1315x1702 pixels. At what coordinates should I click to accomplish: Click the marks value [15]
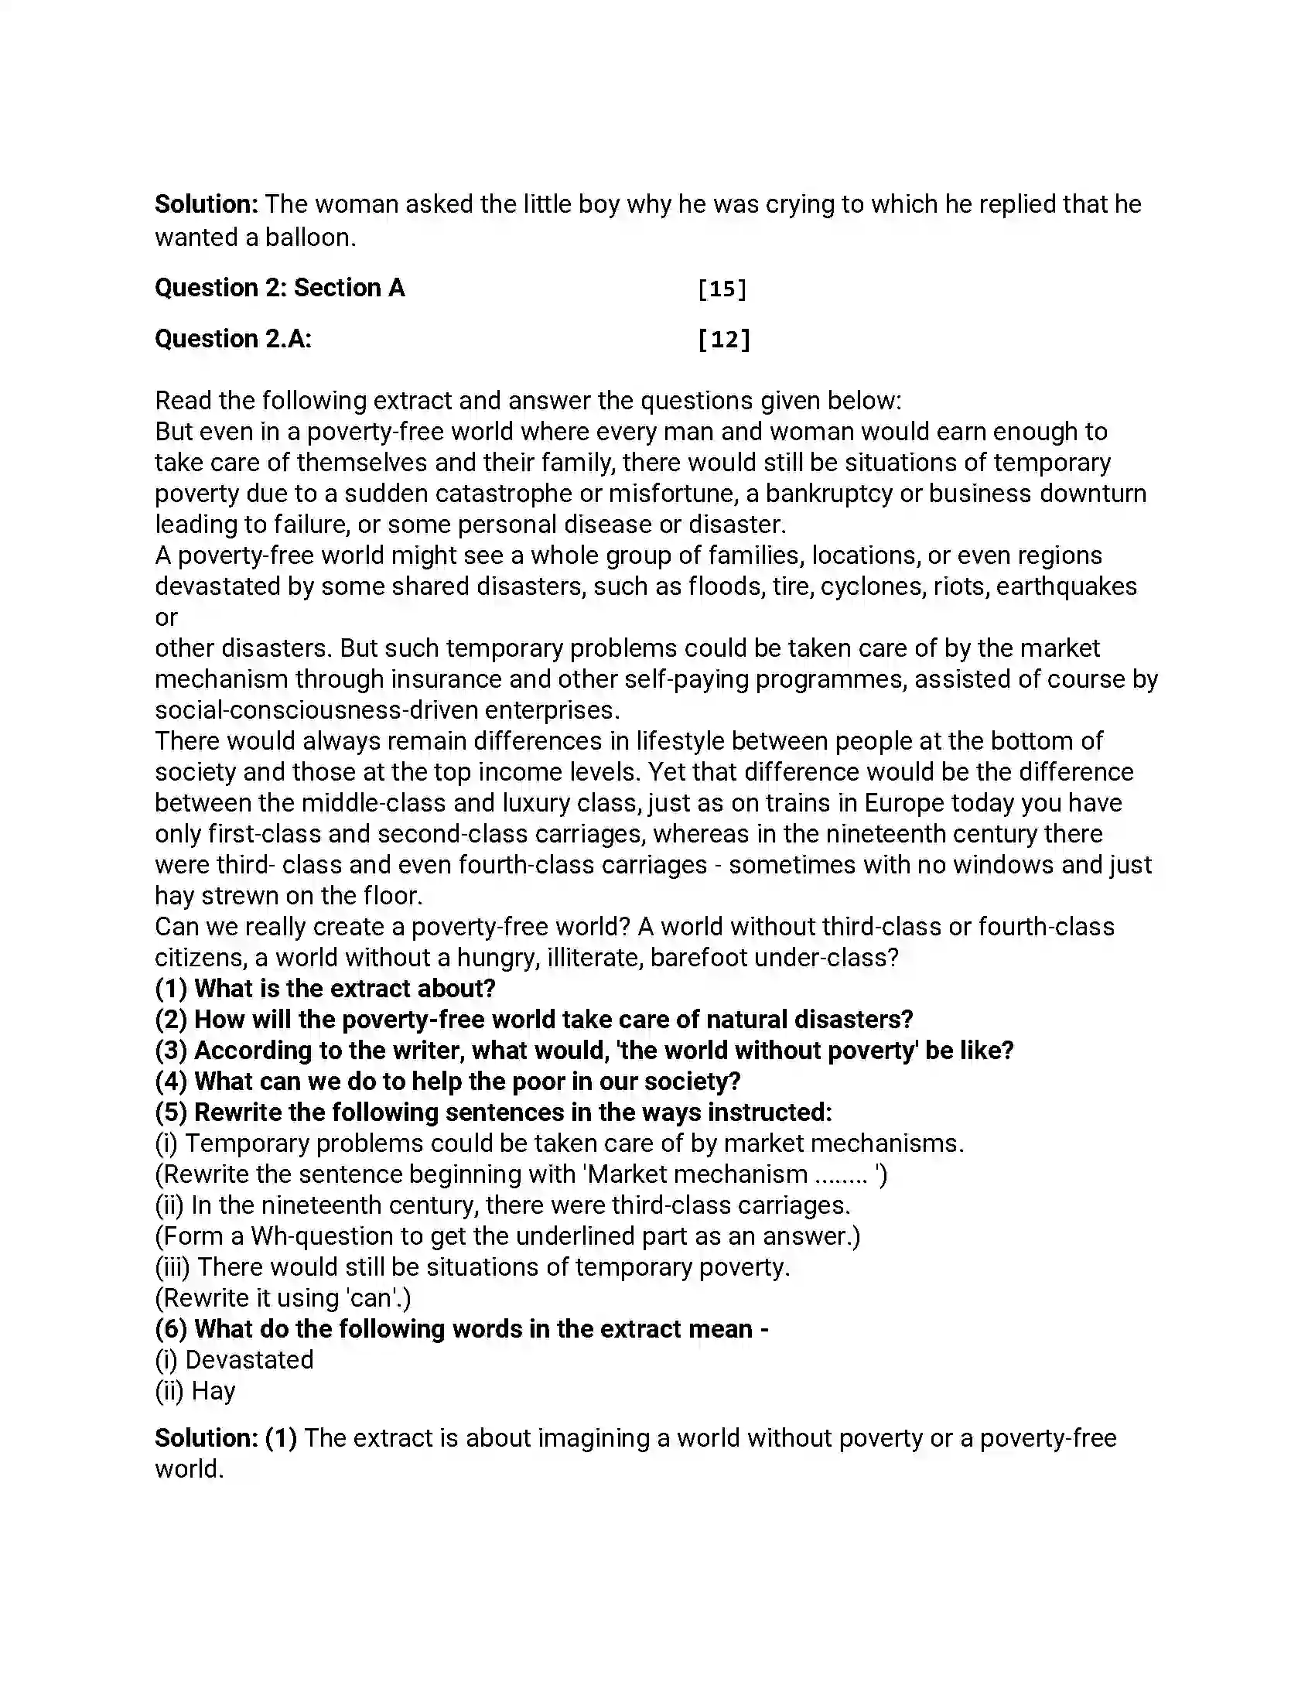[722, 289]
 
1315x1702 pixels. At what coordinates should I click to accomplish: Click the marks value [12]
[724, 339]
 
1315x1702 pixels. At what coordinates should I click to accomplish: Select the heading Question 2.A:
[233, 339]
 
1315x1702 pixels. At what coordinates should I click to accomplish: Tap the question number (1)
[172, 988]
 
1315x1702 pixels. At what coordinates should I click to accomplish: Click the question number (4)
[172, 1081]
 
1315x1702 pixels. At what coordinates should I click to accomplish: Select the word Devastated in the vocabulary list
[249, 1360]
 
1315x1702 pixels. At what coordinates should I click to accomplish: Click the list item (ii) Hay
[196, 1391]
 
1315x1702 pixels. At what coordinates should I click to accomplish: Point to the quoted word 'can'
[370, 1298]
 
